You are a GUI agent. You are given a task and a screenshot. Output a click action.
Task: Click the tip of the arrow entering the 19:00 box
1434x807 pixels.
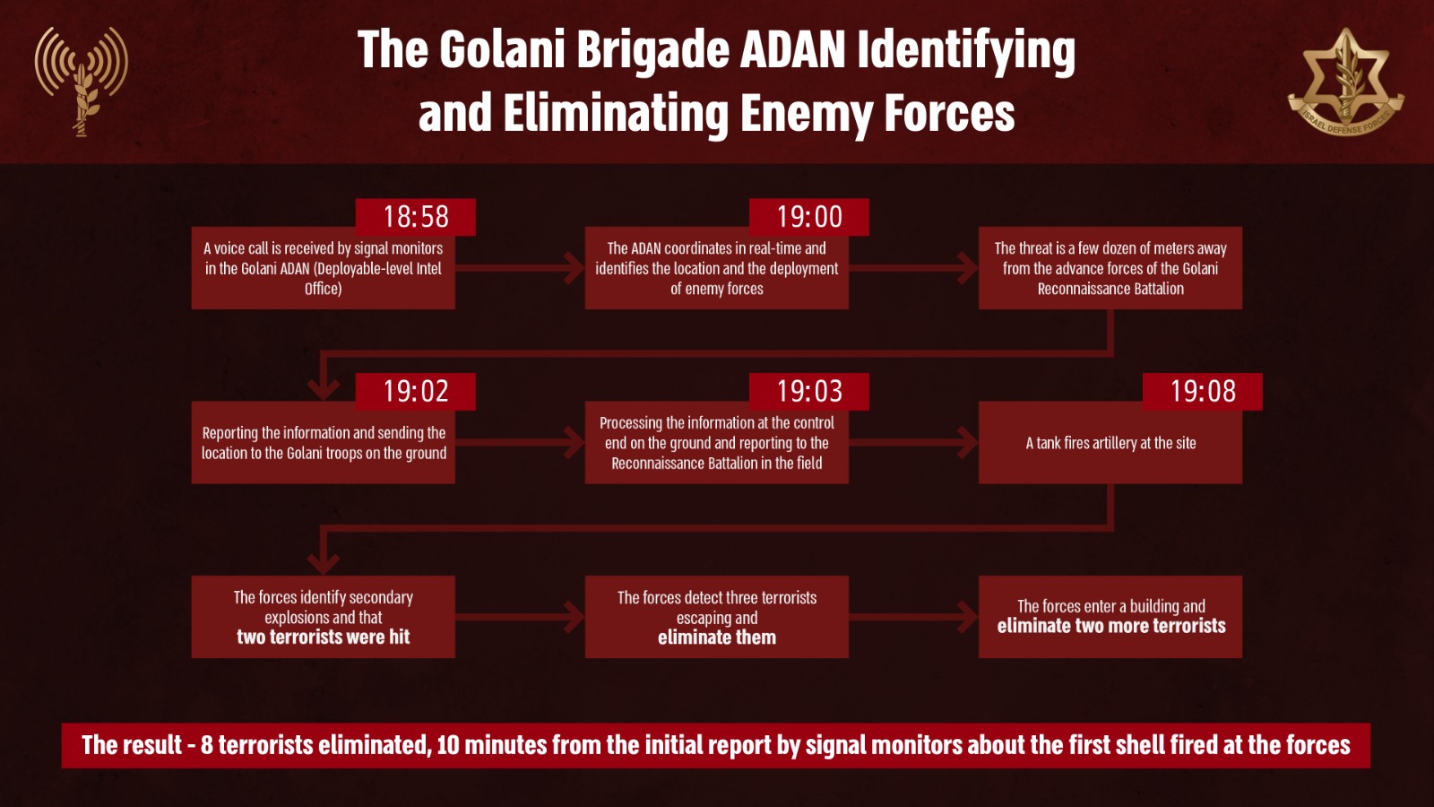(583, 268)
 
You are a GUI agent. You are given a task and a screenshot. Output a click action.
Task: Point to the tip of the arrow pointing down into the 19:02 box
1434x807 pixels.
(324, 400)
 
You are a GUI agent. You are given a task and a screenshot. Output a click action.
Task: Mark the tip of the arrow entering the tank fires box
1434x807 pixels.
(978, 442)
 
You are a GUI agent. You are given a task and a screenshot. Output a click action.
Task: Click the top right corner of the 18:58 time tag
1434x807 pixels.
(476, 199)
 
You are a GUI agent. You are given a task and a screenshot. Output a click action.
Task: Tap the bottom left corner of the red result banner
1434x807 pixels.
(62, 768)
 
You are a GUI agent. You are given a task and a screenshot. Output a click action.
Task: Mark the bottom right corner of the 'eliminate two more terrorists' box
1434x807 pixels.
(1242, 658)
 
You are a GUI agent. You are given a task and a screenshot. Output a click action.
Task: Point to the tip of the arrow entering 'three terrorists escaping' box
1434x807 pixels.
(583, 617)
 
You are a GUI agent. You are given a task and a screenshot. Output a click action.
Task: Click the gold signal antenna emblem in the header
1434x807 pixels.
(82, 82)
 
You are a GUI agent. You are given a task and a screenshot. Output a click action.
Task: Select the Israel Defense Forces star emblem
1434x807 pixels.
(1345, 82)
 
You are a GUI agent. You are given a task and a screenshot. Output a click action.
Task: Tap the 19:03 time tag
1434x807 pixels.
(809, 391)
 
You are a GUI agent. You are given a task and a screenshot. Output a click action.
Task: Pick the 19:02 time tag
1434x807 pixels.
(416, 391)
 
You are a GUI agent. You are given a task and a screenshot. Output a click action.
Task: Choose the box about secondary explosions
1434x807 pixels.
(324, 617)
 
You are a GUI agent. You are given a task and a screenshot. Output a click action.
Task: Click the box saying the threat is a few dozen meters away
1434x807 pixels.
(1110, 268)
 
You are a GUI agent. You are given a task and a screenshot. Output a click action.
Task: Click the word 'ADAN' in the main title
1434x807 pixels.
(793, 50)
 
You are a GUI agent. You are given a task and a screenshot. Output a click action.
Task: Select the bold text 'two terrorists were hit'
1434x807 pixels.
(324, 638)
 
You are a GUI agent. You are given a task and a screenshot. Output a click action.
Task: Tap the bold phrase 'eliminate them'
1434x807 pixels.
(717, 638)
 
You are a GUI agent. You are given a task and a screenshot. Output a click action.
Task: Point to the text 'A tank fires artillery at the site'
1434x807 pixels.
(1110, 443)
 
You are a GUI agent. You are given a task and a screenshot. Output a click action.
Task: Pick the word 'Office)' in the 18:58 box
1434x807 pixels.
(324, 289)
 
